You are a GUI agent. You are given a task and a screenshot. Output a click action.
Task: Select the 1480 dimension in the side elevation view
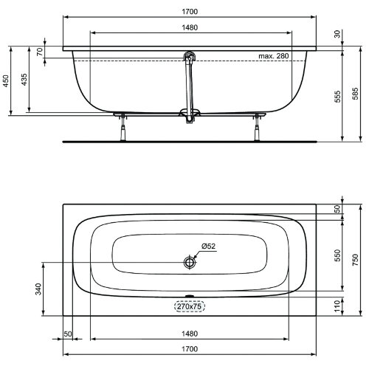189,28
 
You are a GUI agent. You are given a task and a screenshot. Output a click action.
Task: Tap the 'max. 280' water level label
272,56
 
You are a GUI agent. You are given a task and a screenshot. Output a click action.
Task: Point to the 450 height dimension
7,81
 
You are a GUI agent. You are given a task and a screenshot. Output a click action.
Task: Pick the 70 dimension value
40,53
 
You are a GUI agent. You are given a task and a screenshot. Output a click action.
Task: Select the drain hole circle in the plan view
190,262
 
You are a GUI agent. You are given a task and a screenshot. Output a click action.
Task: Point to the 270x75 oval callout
190,306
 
